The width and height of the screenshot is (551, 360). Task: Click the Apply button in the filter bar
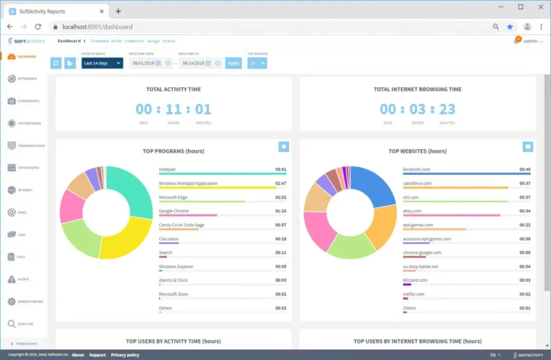click(233, 63)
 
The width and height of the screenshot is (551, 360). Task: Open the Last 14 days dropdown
click(102, 63)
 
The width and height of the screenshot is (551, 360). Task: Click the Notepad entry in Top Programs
click(167, 169)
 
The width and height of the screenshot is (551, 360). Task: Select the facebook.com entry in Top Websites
click(417, 169)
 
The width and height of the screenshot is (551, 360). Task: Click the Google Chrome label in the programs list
click(174, 211)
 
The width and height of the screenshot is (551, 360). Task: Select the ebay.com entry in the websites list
click(413, 211)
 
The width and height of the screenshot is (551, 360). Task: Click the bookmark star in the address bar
click(510, 27)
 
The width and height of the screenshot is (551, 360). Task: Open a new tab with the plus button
click(118, 11)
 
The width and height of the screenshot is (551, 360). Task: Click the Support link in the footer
click(98, 355)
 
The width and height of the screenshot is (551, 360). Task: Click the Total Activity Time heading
click(174, 89)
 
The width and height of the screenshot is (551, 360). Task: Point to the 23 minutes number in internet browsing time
click(447, 109)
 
